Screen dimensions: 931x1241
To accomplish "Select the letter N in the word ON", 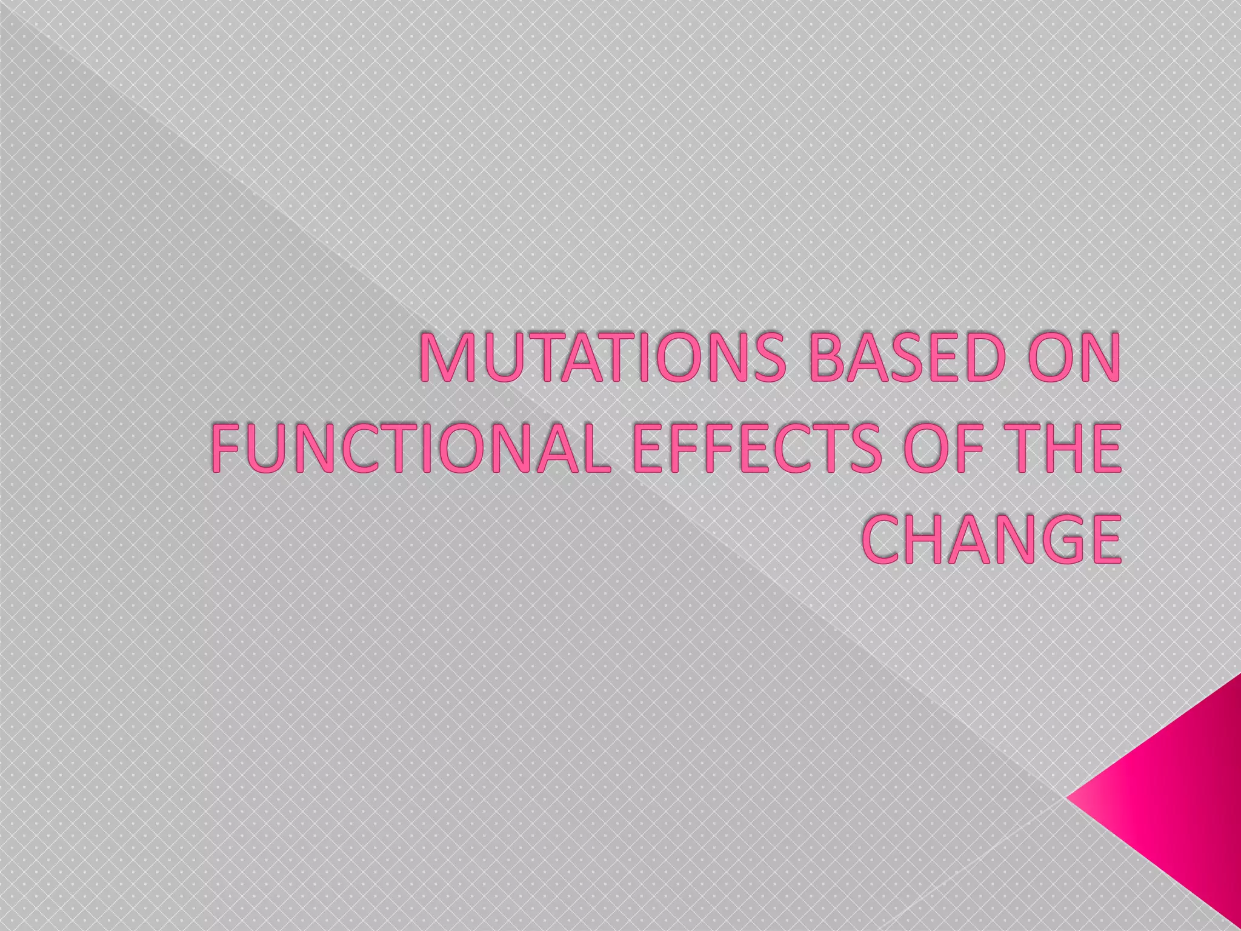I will pyautogui.click(x=1097, y=361).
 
